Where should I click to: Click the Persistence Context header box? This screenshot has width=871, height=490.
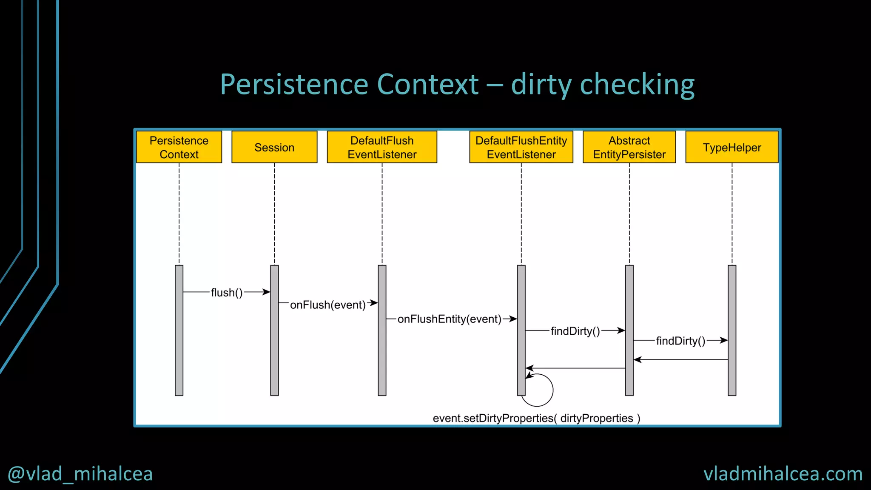coord(179,147)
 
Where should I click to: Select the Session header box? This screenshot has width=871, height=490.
coord(274,147)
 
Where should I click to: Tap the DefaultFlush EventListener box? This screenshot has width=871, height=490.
coord(382,147)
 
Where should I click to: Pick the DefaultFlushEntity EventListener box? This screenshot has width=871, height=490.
coord(521,147)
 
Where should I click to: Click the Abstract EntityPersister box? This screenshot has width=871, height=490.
coord(629,147)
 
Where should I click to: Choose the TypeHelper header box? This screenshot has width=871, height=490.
coord(732,147)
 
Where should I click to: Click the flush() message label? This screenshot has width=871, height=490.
coord(227,293)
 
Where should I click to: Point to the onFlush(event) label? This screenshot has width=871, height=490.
coord(327,305)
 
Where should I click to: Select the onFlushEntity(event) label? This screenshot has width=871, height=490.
coord(449,319)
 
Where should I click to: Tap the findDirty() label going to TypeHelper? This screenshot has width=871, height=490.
coord(680,341)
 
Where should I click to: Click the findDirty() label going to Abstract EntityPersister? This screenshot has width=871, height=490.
coord(575,331)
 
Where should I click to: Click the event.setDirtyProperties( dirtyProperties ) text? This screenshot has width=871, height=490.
coord(536,418)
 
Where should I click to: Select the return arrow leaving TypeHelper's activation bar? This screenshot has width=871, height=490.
coord(680,360)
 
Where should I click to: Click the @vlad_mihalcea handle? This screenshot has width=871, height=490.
coord(80,474)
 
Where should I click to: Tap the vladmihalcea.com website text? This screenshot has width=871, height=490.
coord(783,474)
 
